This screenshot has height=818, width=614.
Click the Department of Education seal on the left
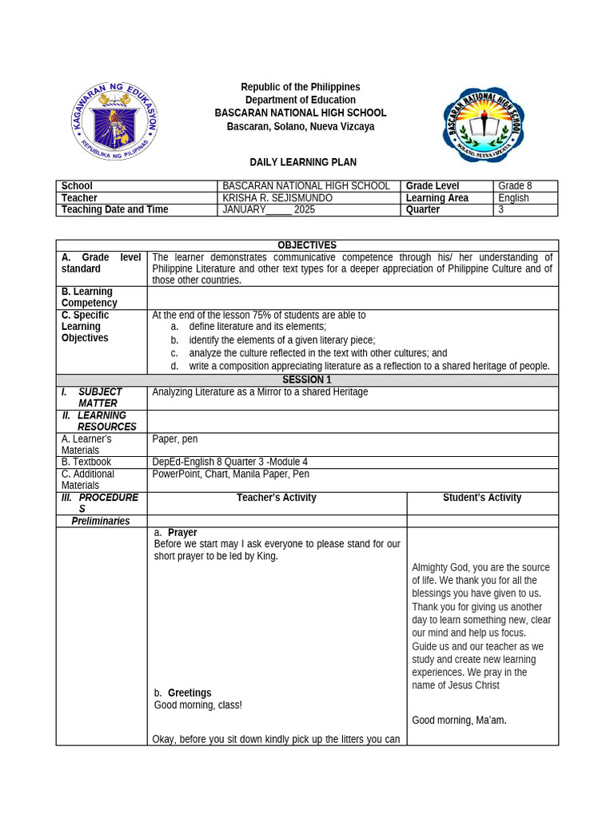(x=114, y=121)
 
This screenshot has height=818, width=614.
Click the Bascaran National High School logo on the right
(x=484, y=124)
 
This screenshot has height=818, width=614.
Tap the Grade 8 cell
(x=515, y=186)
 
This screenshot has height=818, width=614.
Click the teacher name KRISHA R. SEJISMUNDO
(x=277, y=198)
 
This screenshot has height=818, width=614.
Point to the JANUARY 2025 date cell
(x=269, y=210)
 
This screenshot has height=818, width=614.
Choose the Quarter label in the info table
(x=423, y=210)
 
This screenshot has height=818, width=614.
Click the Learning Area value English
(x=513, y=198)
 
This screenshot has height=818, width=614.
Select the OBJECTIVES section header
(x=307, y=245)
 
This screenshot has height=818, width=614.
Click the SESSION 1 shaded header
(x=307, y=380)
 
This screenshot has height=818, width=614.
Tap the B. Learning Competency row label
(x=89, y=297)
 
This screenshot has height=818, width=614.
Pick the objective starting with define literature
(x=257, y=327)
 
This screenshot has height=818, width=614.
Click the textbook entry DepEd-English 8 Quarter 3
(x=229, y=462)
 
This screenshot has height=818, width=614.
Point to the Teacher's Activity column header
(x=277, y=498)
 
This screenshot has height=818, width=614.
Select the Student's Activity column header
(x=482, y=498)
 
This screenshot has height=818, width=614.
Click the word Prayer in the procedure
(x=182, y=533)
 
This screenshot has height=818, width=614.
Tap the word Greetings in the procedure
(x=189, y=693)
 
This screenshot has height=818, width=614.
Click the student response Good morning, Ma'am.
(x=459, y=721)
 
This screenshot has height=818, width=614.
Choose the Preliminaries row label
(x=101, y=521)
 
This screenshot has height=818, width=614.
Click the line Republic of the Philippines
(x=301, y=87)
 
